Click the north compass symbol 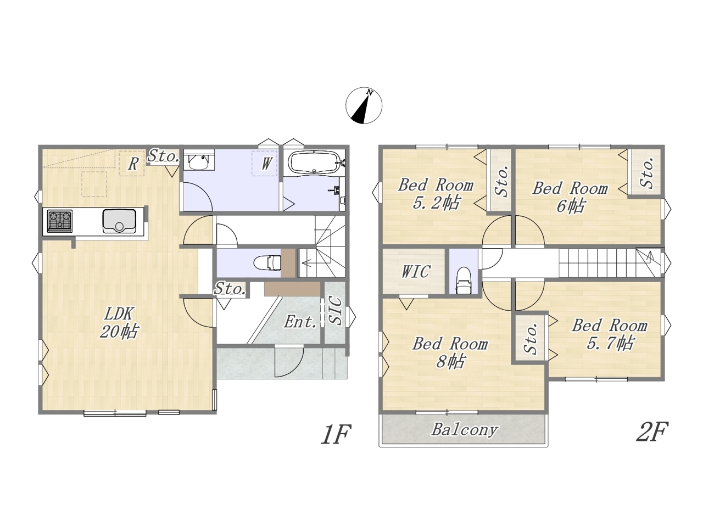tap(364, 105)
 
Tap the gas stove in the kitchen tap(60, 221)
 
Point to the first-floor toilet tap(267, 263)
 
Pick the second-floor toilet tap(463, 281)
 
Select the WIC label tap(416, 272)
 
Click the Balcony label tap(465, 429)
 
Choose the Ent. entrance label tap(300, 322)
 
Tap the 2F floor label tap(652, 431)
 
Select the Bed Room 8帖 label tap(450, 352)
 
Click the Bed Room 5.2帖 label tap(436, 194)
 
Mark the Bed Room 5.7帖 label tap(610, 334)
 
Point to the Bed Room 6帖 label tap(570, 197)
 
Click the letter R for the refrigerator tap(132, 164)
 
